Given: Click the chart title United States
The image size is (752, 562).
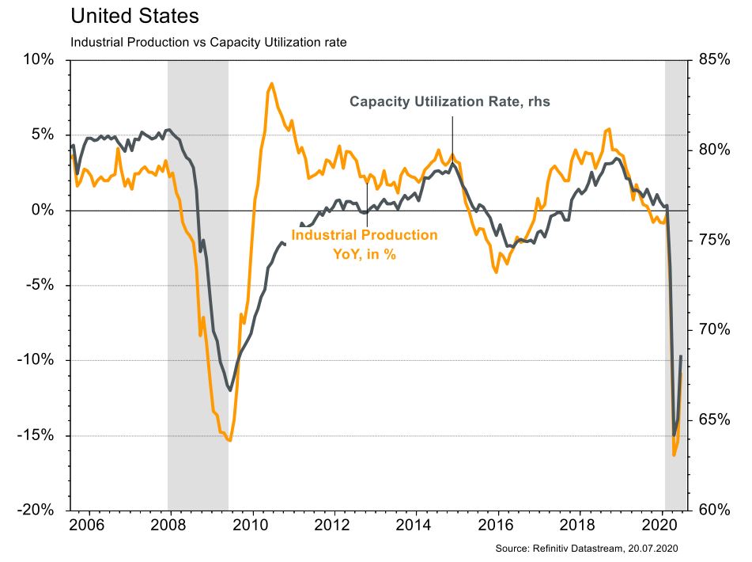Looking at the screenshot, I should (134, 16).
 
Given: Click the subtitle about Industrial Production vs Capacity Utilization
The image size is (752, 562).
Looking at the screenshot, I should (209, 42).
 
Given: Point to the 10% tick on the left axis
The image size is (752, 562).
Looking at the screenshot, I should (39, 60).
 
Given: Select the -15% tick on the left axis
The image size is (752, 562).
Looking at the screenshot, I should (36, 436).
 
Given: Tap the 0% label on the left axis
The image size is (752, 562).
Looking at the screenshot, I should (43, 211).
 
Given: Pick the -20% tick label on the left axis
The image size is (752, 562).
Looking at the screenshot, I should (36, 511).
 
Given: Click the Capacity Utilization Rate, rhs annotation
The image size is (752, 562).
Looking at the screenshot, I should (449, 102).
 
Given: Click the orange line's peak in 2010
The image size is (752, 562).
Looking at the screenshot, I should (271, 83).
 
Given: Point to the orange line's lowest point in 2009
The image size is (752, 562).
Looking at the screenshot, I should (229, 440).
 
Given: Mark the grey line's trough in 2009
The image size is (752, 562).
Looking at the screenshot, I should (230, 389).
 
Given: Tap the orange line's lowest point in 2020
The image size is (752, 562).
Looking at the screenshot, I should (674, 455).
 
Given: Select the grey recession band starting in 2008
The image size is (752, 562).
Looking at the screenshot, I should (198, 285).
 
